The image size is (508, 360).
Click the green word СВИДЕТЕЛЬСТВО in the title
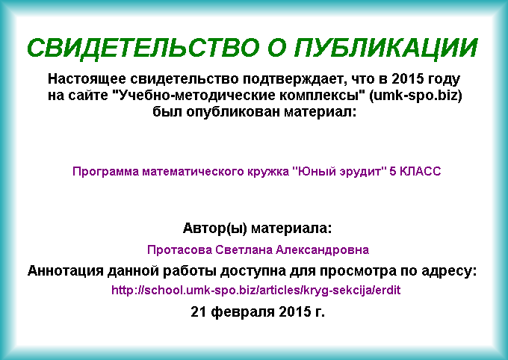[x=143, y=48]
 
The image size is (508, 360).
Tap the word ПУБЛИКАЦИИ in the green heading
[x=386, y=48]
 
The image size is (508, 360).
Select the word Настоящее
[x=87, y=79]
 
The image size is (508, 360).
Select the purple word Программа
[x=105, y=172]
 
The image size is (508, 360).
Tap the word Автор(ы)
[x=215, y=229]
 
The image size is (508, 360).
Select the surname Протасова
[x=179, y=249]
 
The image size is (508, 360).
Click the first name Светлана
[x=244, y=249]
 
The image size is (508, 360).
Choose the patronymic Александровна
[x=323, y=249]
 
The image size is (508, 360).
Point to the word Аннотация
[x=66, y=271]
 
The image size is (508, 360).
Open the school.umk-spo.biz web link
[x=256, y=290]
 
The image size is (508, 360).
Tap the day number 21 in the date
[x=199, y=311]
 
